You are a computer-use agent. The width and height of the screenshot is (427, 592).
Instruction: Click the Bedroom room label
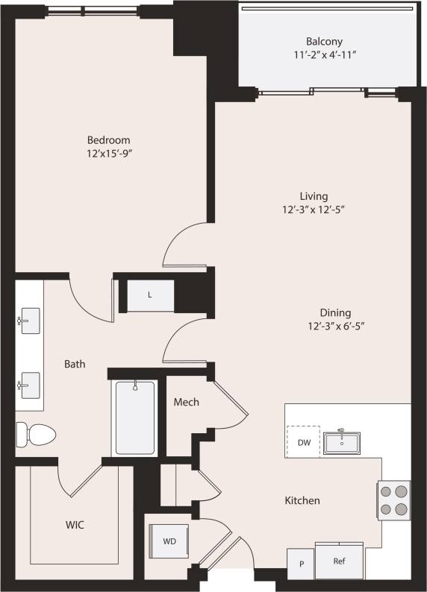coord(108,139)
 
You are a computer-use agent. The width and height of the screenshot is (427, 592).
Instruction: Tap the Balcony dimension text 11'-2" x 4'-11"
coord(324,55)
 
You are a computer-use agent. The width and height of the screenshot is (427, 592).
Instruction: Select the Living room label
coord(313,195)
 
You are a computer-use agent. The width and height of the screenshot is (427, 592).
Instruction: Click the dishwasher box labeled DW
coord(303,442)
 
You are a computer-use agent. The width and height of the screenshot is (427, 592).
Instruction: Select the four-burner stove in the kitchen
coord(394,500)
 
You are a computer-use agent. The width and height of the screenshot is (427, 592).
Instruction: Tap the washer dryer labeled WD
coord(169,541)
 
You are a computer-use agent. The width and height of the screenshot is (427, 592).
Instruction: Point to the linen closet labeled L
coord(150,295)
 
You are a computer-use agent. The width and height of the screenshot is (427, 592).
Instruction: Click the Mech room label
coord(186,403)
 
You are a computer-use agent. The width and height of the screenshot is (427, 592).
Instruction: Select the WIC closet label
coord(74,525)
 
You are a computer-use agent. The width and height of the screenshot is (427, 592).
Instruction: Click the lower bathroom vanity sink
coord(29,385)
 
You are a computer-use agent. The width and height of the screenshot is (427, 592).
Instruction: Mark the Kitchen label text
coord(302,500)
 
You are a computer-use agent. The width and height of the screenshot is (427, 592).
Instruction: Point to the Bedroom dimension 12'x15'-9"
coord(108,153)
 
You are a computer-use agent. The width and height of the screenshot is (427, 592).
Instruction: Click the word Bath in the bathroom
coord(74,364)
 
